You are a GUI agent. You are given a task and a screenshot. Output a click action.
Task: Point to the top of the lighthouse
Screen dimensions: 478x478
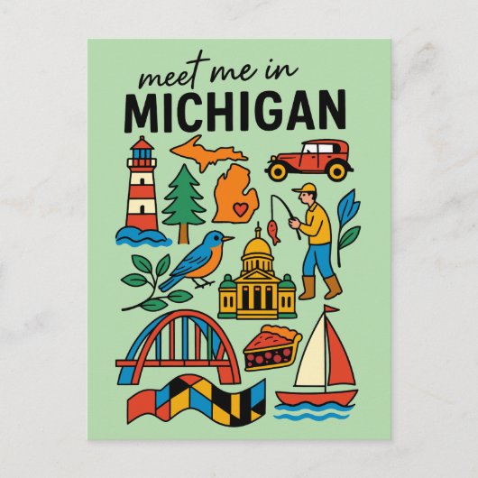click(142, 145)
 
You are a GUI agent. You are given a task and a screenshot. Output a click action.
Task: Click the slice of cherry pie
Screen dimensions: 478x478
click(269, 347)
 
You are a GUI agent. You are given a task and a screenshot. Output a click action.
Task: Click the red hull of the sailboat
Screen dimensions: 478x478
click(315, 397)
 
